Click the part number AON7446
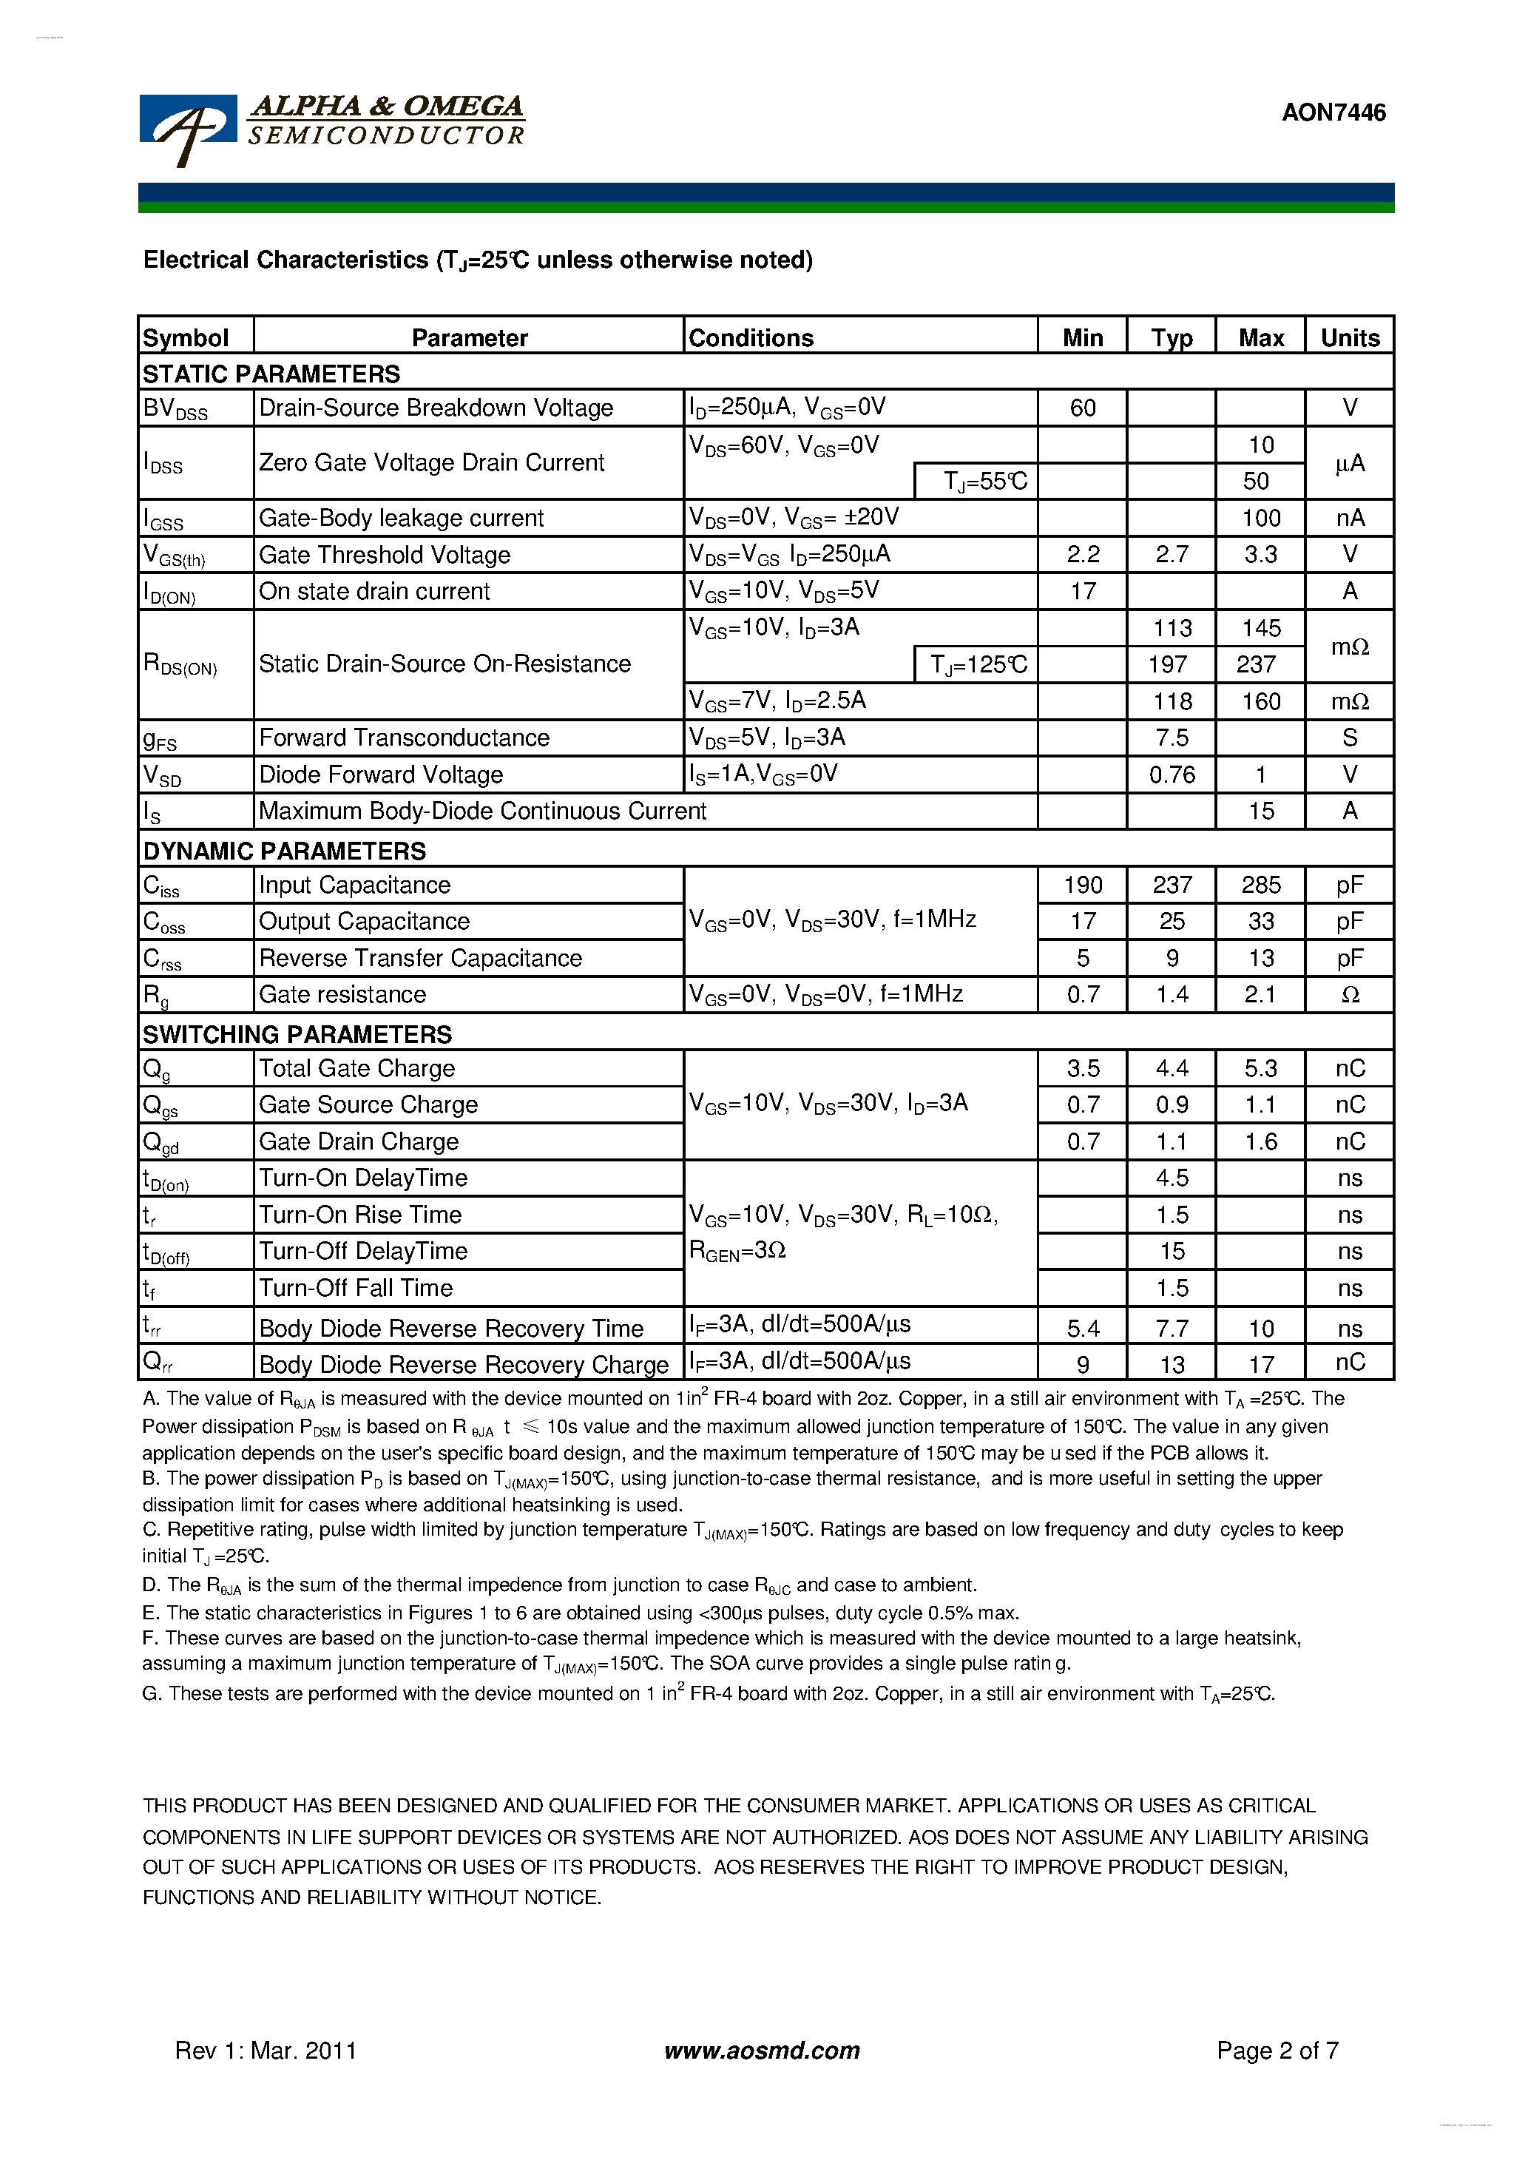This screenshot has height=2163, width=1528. click(1333, 113)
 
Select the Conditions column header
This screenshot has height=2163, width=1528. click(751, 337)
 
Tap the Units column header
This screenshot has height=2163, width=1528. click(1349, 337)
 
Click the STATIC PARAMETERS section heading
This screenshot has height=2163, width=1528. click(271, 374)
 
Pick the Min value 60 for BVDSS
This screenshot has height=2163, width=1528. click(1083, 408)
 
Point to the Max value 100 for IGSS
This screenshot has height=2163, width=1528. click(1260, 518)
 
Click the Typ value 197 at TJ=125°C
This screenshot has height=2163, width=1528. click(1167, 665)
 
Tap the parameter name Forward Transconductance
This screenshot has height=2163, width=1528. click(404, 738)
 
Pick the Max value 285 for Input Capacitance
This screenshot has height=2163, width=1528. click(1260, 885)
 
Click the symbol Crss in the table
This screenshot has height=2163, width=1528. click(162, 959)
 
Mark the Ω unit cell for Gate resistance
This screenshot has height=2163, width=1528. click(1349, 995)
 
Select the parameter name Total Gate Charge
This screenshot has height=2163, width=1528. click(357, 1068)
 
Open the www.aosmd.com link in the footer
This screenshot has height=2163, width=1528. click(761, 2051)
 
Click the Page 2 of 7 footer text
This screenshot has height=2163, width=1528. click(1277, 2051)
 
